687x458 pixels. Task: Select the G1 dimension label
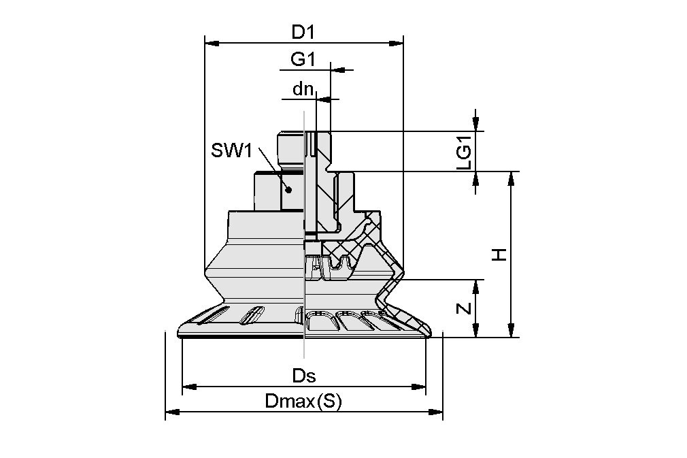(x=303, y=60)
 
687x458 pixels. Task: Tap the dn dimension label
(x=303, y=88)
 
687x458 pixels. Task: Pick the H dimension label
(x=500, y=255)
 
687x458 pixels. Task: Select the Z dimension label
(x=464, y=308)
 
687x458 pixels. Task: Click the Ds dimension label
(x=304, y=376)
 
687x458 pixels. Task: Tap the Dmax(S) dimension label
(x=303, y=402)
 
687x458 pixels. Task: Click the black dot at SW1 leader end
(x=288, y=190)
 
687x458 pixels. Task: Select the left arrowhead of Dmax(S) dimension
(x=171, y=412)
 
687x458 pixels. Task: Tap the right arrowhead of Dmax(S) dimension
(x=437, y=412)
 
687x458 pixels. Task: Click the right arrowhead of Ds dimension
(x=420, y=387)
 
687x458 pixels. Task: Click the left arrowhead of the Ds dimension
(x=188, y=387)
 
